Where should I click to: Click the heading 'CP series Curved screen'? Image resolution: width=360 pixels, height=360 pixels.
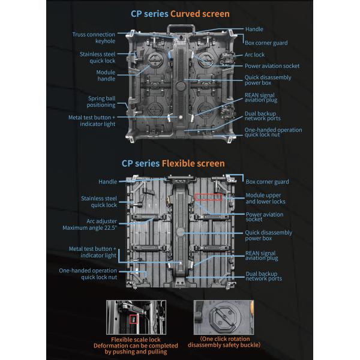tap(181, 14)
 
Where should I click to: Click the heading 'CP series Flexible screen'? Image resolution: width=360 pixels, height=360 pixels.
tap(173, 163)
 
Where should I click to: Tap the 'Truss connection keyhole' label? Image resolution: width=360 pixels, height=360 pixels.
tap(94, 38)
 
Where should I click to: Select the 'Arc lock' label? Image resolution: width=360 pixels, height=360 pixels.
tap(255, 55)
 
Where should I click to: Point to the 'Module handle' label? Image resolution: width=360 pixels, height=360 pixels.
tap(106, 76)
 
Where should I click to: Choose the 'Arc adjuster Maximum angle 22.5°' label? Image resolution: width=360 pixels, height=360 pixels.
tap(89, 224)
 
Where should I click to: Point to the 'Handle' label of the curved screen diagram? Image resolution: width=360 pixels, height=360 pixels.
tap(254, 29)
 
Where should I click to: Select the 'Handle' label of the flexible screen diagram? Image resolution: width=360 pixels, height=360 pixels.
tap(108, 182)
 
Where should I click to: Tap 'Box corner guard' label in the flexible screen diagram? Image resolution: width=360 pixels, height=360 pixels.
tap(267, 182)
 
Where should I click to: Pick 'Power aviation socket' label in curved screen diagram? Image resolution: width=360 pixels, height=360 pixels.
tap(272, 66)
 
